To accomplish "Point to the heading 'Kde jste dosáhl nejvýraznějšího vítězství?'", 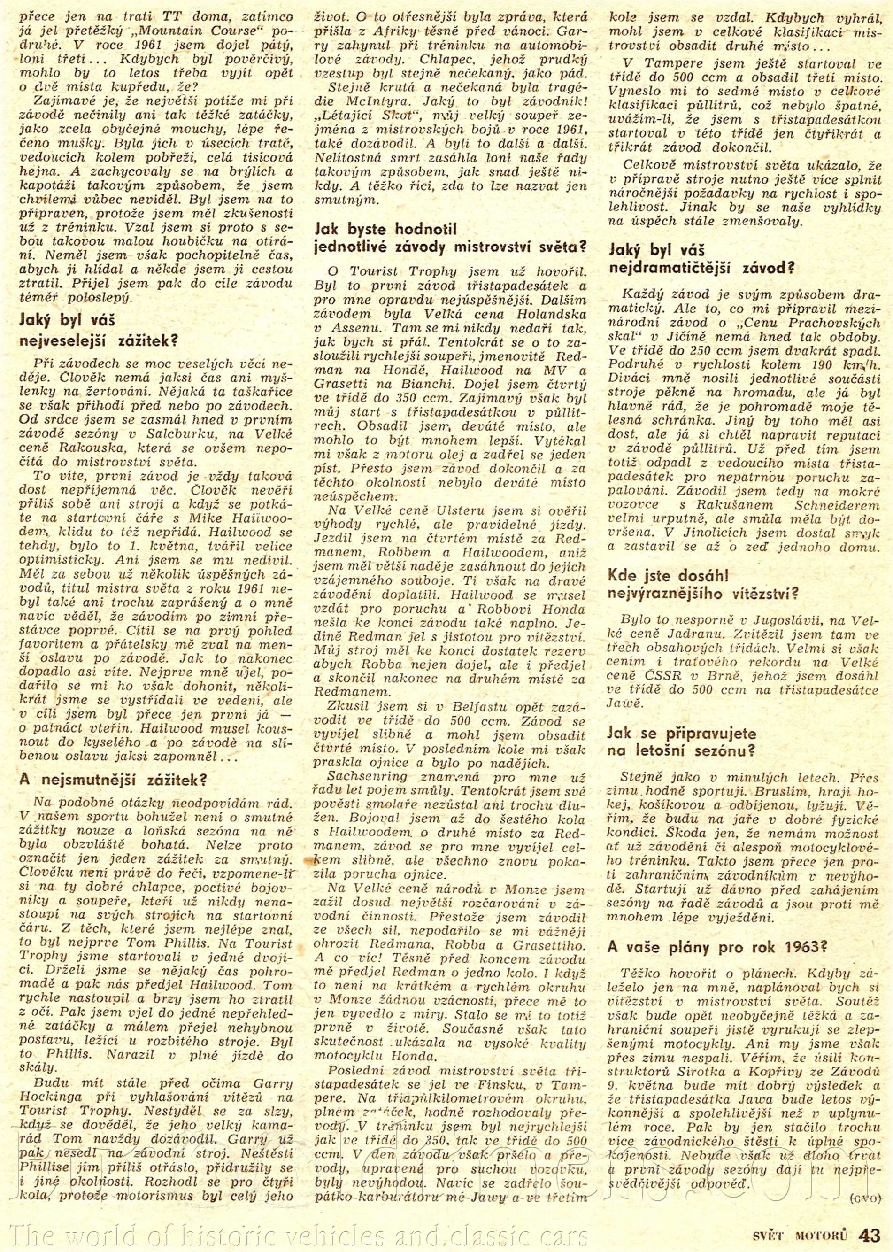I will tap(704, 584).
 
